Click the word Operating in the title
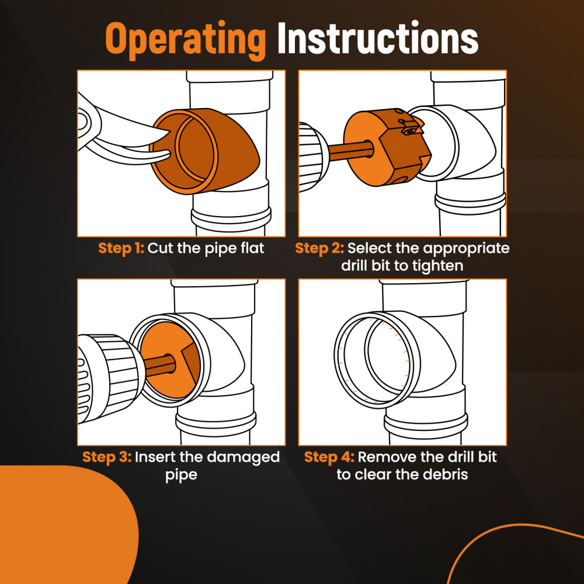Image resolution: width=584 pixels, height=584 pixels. coord(185,39)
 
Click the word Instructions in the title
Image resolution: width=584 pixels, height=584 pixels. coord(378,39)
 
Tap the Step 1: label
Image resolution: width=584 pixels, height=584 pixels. coord(121,248)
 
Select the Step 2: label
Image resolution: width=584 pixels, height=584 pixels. coord(319,248)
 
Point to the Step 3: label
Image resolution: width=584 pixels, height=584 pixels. coord(107,457)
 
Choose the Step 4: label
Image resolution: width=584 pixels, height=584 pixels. coord(328,457)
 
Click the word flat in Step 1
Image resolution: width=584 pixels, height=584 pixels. coord(251,248)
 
